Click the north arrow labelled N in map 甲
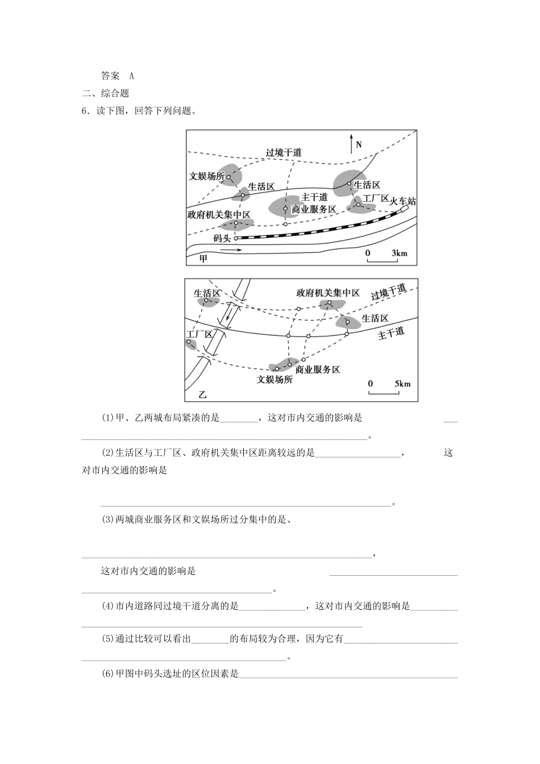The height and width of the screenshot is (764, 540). [352, 144]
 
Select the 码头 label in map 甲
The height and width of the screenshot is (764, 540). [222, 238]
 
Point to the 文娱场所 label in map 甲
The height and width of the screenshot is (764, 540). [207, 176]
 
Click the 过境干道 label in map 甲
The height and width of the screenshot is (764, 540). [284, 152]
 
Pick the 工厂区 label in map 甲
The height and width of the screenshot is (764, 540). [375, 198]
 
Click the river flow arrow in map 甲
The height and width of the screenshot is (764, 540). [230, 250]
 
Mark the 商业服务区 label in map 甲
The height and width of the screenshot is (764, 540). [314, 209]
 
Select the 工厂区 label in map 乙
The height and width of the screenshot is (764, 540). [199, 334]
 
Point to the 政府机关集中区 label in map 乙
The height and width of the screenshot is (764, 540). [328, 293]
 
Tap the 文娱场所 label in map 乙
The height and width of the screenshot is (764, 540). [275, 379]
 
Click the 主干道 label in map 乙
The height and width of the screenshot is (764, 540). [391, 334]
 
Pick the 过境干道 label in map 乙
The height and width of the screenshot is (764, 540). [389, 292]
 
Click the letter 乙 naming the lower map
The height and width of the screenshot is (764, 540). [203, 394]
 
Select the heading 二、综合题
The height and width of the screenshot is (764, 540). [106, 93]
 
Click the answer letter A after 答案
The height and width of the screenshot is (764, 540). [131, 76]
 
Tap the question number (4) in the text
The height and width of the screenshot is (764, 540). [108, 606]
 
